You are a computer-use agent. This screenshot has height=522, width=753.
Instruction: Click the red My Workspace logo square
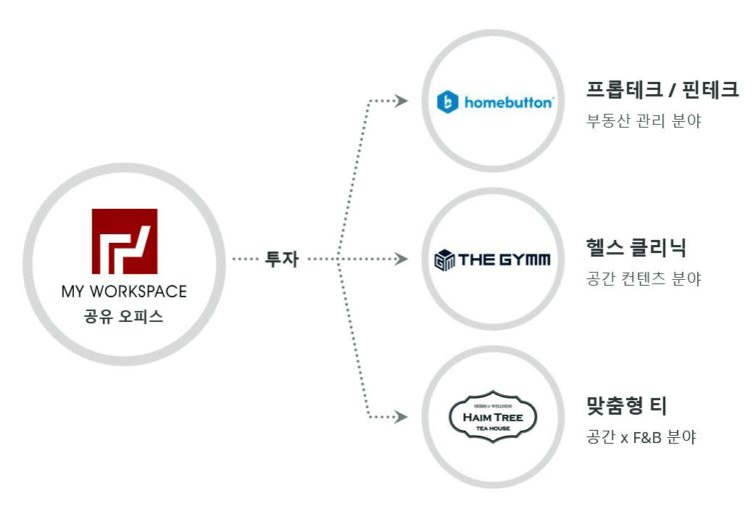[124, 241]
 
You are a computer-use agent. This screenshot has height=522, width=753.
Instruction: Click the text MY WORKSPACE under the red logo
[124, 291]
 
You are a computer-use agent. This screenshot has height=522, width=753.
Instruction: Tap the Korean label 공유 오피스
[124, 317]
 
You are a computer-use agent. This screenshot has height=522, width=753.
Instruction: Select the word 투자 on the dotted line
[282, 259]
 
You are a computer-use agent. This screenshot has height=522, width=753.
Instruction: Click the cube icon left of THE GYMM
[444, 261]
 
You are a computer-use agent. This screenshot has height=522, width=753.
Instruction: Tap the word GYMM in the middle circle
[519, 261]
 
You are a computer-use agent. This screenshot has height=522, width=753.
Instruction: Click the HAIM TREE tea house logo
[493, 415]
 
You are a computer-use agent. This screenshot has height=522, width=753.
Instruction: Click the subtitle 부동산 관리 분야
[644, 122]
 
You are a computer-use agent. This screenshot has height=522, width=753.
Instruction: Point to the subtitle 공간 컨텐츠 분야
[644, 279]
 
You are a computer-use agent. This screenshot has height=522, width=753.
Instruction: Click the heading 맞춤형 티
[628, 405]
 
